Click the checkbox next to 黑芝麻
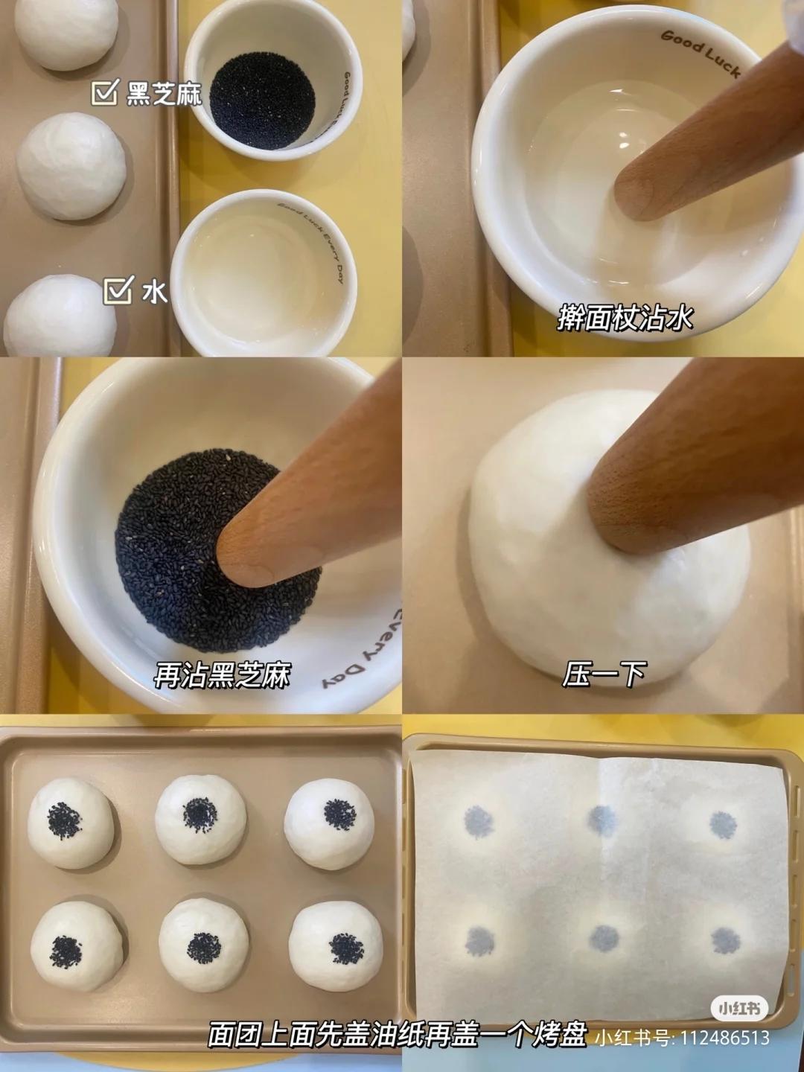[x=104, y=93]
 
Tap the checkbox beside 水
[x=118, y=291]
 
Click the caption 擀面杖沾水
[x=625, y=318]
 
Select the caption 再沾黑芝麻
[x=222, y=675]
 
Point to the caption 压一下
[x=604, y=674]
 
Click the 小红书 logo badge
[x=739, y=1009]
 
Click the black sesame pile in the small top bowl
[x=261, y=98]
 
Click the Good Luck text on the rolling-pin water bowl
[x=700, y=52]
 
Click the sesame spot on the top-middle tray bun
[x=200, y=814]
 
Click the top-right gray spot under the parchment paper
[x=722, y=824]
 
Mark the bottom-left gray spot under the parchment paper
[x=479, y=942]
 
